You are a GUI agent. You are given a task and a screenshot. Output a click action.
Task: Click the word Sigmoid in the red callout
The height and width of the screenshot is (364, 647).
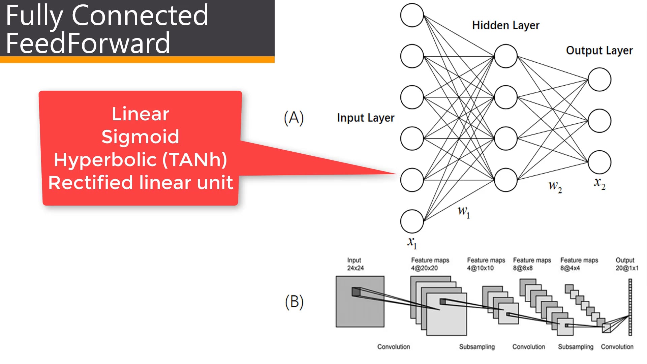[x=140, y=137]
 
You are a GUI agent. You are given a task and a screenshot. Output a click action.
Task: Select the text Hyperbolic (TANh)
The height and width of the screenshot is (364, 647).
[x=140, y=160]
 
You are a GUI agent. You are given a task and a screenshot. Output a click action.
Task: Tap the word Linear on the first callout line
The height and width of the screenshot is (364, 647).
[x=140, y=114]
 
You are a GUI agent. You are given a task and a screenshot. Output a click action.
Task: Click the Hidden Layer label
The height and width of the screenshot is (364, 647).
[x=505, y=26]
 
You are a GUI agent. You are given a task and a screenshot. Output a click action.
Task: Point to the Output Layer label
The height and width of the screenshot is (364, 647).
[x=599, y=51]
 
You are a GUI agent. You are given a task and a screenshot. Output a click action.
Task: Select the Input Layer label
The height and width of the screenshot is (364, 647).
[x=366, y=118]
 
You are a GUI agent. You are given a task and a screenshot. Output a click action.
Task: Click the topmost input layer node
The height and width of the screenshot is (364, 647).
[x=412, y=15]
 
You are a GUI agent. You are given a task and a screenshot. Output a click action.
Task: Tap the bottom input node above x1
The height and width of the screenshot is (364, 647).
[x=412, y=221]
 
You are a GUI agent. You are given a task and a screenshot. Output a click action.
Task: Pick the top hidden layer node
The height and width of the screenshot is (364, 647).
[x=505, y=56]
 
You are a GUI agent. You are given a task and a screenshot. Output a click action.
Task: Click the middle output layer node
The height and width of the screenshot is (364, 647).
[x=599, y=121]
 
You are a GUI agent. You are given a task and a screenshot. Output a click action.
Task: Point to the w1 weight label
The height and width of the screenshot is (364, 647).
[x=464, y=212]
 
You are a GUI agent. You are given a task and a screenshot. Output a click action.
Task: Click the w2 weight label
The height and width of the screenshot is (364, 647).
[x=555, y=186]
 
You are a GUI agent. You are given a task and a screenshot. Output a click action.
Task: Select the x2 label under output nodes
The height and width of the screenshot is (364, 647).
[x=599, y=183]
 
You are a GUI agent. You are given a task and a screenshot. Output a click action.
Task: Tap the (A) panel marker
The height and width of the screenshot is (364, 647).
[x=294, y=118]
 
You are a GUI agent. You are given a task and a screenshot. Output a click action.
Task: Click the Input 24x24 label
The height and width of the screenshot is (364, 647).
[x=355, y=264]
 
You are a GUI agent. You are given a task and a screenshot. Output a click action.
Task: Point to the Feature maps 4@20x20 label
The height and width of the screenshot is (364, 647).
[x=430, y=264]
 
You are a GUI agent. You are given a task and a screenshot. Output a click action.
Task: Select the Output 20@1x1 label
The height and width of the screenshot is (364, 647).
[x=626, y=264]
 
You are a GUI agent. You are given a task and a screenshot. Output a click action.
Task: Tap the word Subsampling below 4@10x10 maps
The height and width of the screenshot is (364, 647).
[x=477, y=347]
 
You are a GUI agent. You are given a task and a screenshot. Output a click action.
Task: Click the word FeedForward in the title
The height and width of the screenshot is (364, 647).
[x=88, y=43]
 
